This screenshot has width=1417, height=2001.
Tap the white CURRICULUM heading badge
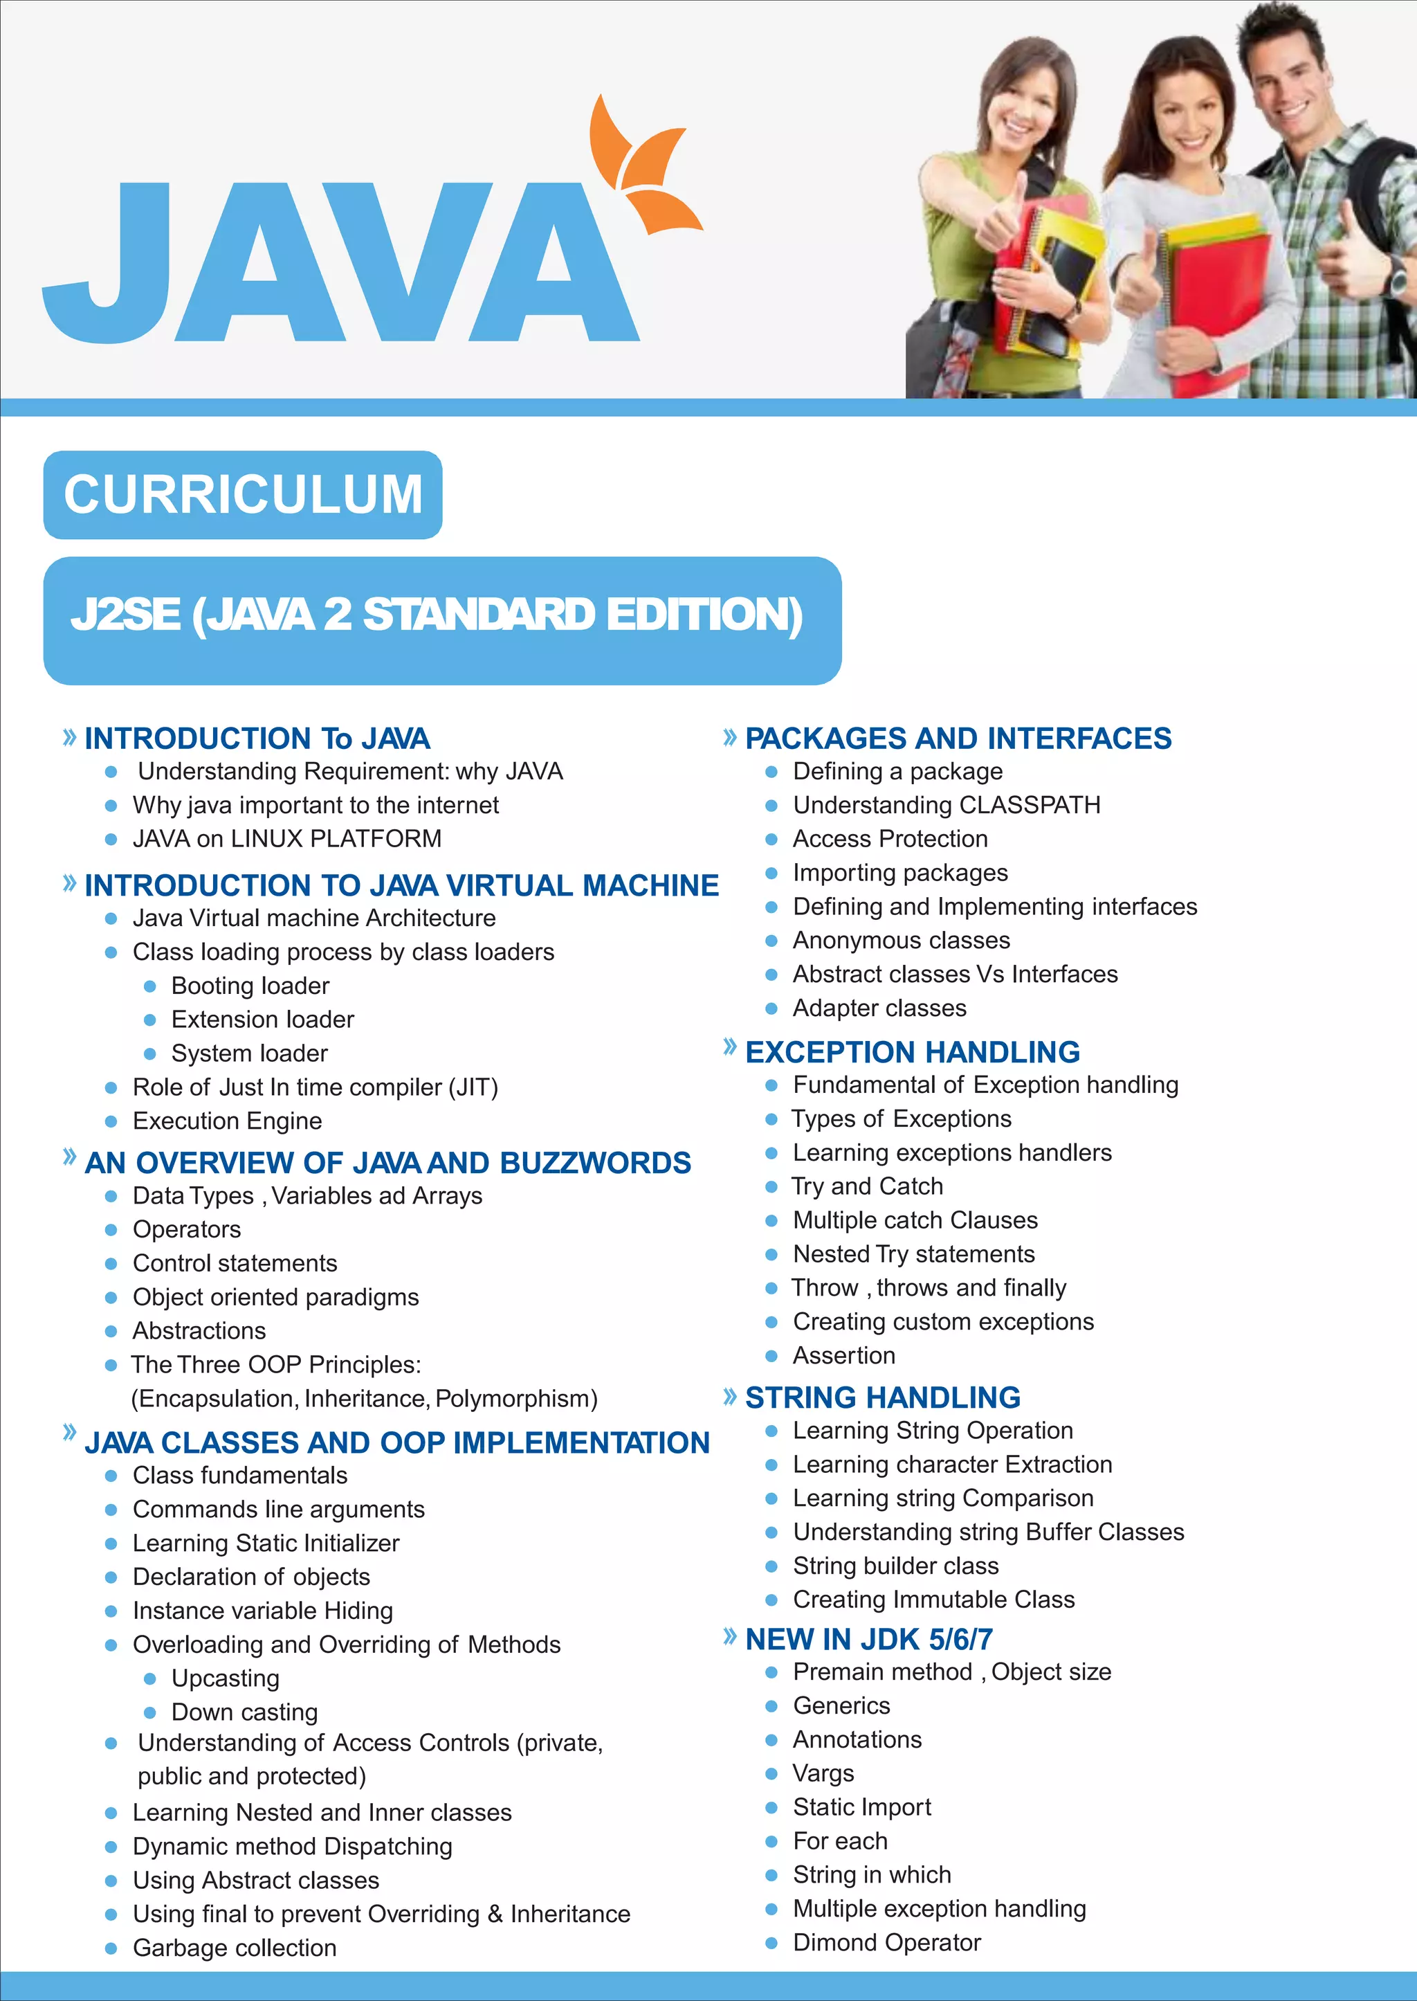[243, 495]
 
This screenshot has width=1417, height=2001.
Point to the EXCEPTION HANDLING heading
[912, 1051]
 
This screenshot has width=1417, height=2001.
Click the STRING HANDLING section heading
[882, 1397]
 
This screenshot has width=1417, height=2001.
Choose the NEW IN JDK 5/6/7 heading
[868, 1639]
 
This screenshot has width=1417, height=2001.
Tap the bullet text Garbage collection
[234, 1947]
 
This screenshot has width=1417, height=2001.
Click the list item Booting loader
[250, 985]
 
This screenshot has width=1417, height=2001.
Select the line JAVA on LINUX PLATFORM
[286, 839]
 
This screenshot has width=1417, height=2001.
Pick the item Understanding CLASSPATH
[946, 804]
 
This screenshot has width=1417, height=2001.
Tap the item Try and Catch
[866, 1186]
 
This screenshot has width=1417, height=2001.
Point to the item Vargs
[823, 1773]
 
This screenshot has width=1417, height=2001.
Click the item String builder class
[895, 1566]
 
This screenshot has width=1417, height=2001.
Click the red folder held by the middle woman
[1222, 297]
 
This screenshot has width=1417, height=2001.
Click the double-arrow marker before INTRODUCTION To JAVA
[70, 737]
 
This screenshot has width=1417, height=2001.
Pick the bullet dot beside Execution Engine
[111, 1121]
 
